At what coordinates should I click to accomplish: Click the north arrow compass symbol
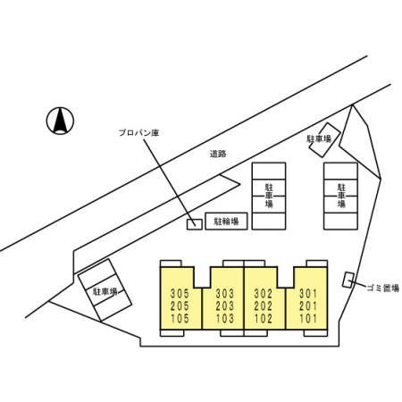point(60,121)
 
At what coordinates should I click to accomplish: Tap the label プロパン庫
point(139,132)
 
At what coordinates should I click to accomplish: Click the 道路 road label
point(218,154)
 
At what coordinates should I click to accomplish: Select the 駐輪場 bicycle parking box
point(226,222)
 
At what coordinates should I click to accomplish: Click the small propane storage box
point(195,224)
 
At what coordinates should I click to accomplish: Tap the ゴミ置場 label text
point(383,288)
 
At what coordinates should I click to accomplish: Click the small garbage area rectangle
point(348,280)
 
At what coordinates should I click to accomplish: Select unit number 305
point(180,293)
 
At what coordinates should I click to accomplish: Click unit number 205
point(180,306)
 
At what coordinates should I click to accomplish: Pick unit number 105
point(180,318)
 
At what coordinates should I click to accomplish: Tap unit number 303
point(225,293)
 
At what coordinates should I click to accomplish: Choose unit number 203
point(225,306)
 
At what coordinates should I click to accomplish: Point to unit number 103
point(225,318)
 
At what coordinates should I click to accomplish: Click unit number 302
point(264,293)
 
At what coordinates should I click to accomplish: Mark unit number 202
point(264,306)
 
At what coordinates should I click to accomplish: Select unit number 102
point(264,318)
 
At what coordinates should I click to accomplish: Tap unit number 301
point(308,293)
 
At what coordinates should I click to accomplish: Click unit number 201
point(308,306)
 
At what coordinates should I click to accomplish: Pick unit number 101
point(308,318)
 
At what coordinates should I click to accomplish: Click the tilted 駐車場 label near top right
point(319,138)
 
